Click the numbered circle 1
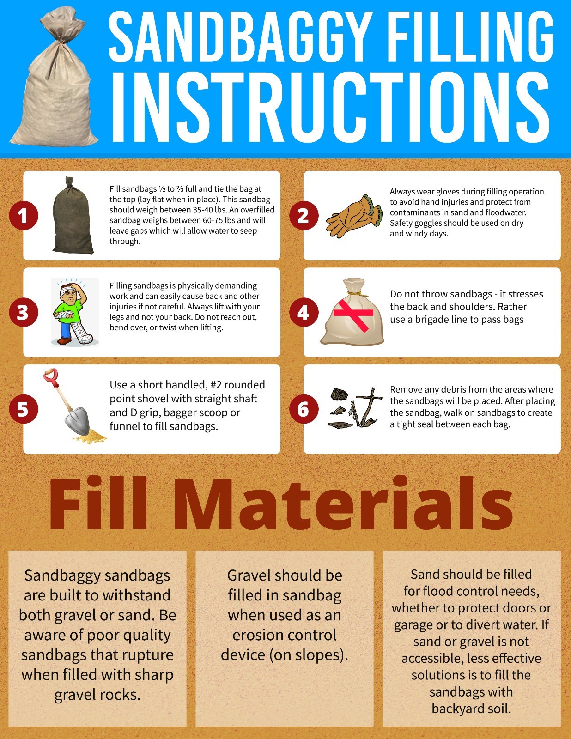coord(24,216)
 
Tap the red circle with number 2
coord(304,216)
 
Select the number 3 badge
coord(24,312)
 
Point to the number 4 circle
coord(304,312)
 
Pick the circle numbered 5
coord(24,409)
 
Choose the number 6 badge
coord(304,409)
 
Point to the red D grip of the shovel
coord(51,377)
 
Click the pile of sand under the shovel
coord(90,436)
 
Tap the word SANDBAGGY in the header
coord(240,36)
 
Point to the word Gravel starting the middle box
coord(249,575)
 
